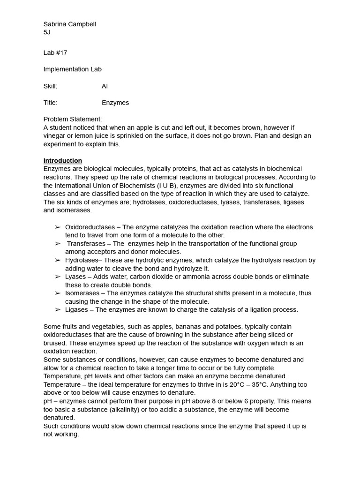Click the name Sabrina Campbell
tap(70, 24)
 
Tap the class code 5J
tap(47, 32)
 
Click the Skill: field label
tap(51, 86)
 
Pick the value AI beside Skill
tap(105, 86)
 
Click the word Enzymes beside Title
tap(115, 103)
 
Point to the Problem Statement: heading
tap(73, 119)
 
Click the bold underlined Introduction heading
tap(63, 160)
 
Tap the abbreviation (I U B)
tap(161, 185)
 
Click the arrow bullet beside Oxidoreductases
tap(58, 227)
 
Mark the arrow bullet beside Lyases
tap(58, 277)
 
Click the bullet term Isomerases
tap(82, 293)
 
